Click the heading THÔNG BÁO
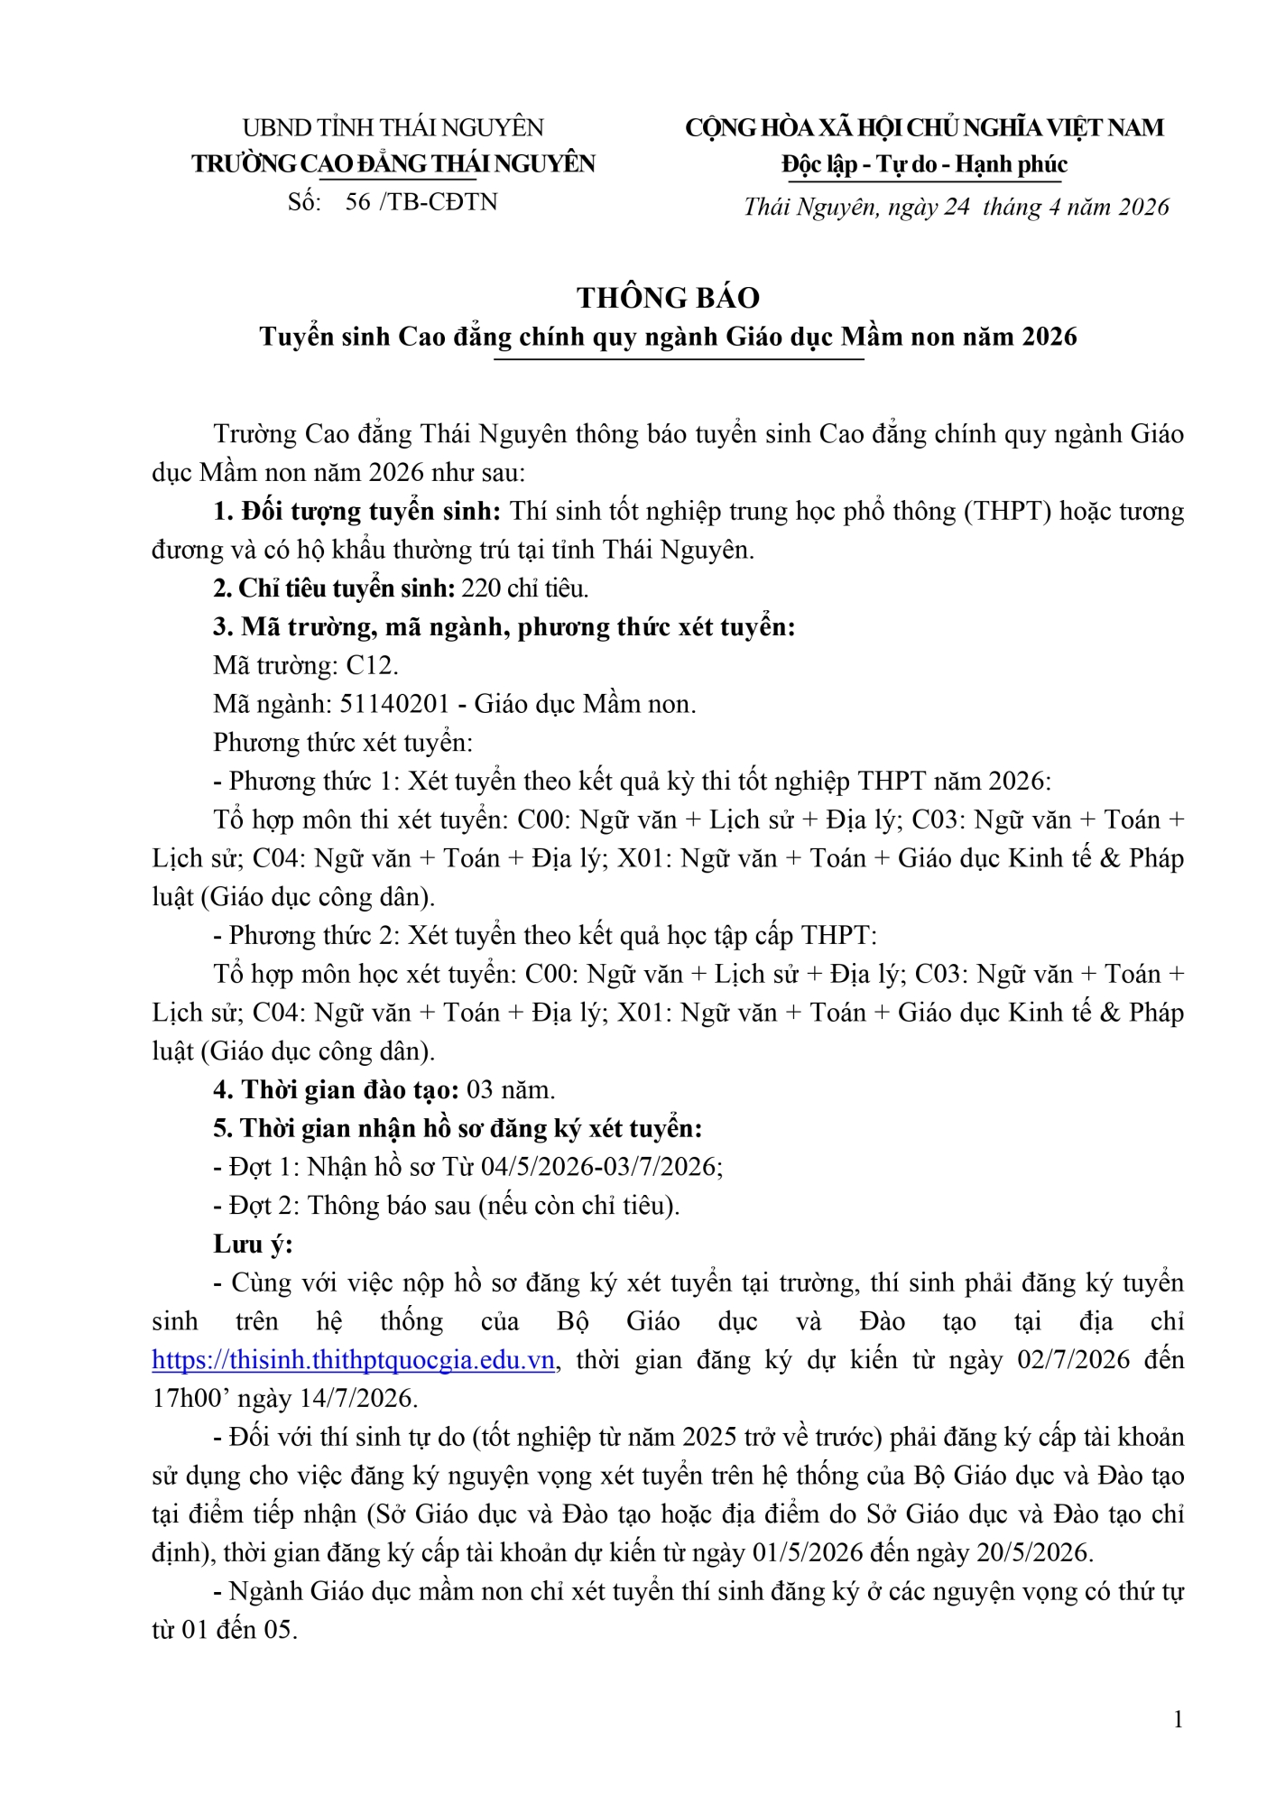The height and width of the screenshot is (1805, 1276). click(668, 298)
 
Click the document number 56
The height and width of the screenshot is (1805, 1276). click(357, 201)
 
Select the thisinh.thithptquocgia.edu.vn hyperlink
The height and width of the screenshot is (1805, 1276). click(353, 1360)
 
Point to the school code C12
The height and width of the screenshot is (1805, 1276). click(371, 665)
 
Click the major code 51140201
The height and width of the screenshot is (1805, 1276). click(394, 704)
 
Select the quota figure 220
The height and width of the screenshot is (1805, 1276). click(480, 588)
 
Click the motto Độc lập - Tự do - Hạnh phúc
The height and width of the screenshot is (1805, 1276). click(924, 164)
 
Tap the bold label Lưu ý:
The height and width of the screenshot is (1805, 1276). click(253, 1245)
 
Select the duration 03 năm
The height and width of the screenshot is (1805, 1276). click(510, 1090)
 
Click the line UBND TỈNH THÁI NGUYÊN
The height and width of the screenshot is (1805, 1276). click(393, 127)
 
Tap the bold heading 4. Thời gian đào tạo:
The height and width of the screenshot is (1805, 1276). click(337, 1090)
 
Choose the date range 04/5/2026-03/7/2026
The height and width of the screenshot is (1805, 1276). click(599, 1167)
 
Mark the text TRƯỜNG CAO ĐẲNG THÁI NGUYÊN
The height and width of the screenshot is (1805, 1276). click(393, 164)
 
